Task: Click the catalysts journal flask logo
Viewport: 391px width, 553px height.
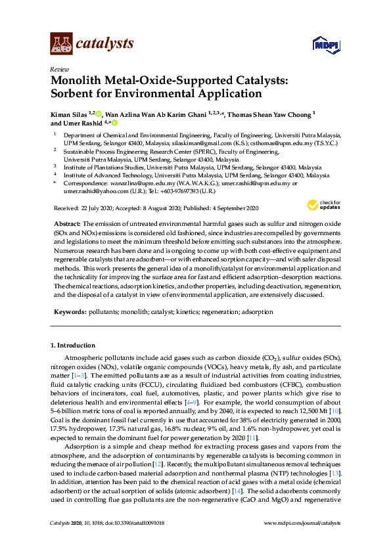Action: pyautogui.click(x=61, y=44)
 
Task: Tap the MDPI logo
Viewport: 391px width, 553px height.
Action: pyautogui.click(x=325, y=45)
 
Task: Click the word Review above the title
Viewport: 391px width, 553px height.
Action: pyautogui.click(x=59, y=69)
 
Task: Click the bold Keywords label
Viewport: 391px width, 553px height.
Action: pyautogui.click(x=69, y=313)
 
